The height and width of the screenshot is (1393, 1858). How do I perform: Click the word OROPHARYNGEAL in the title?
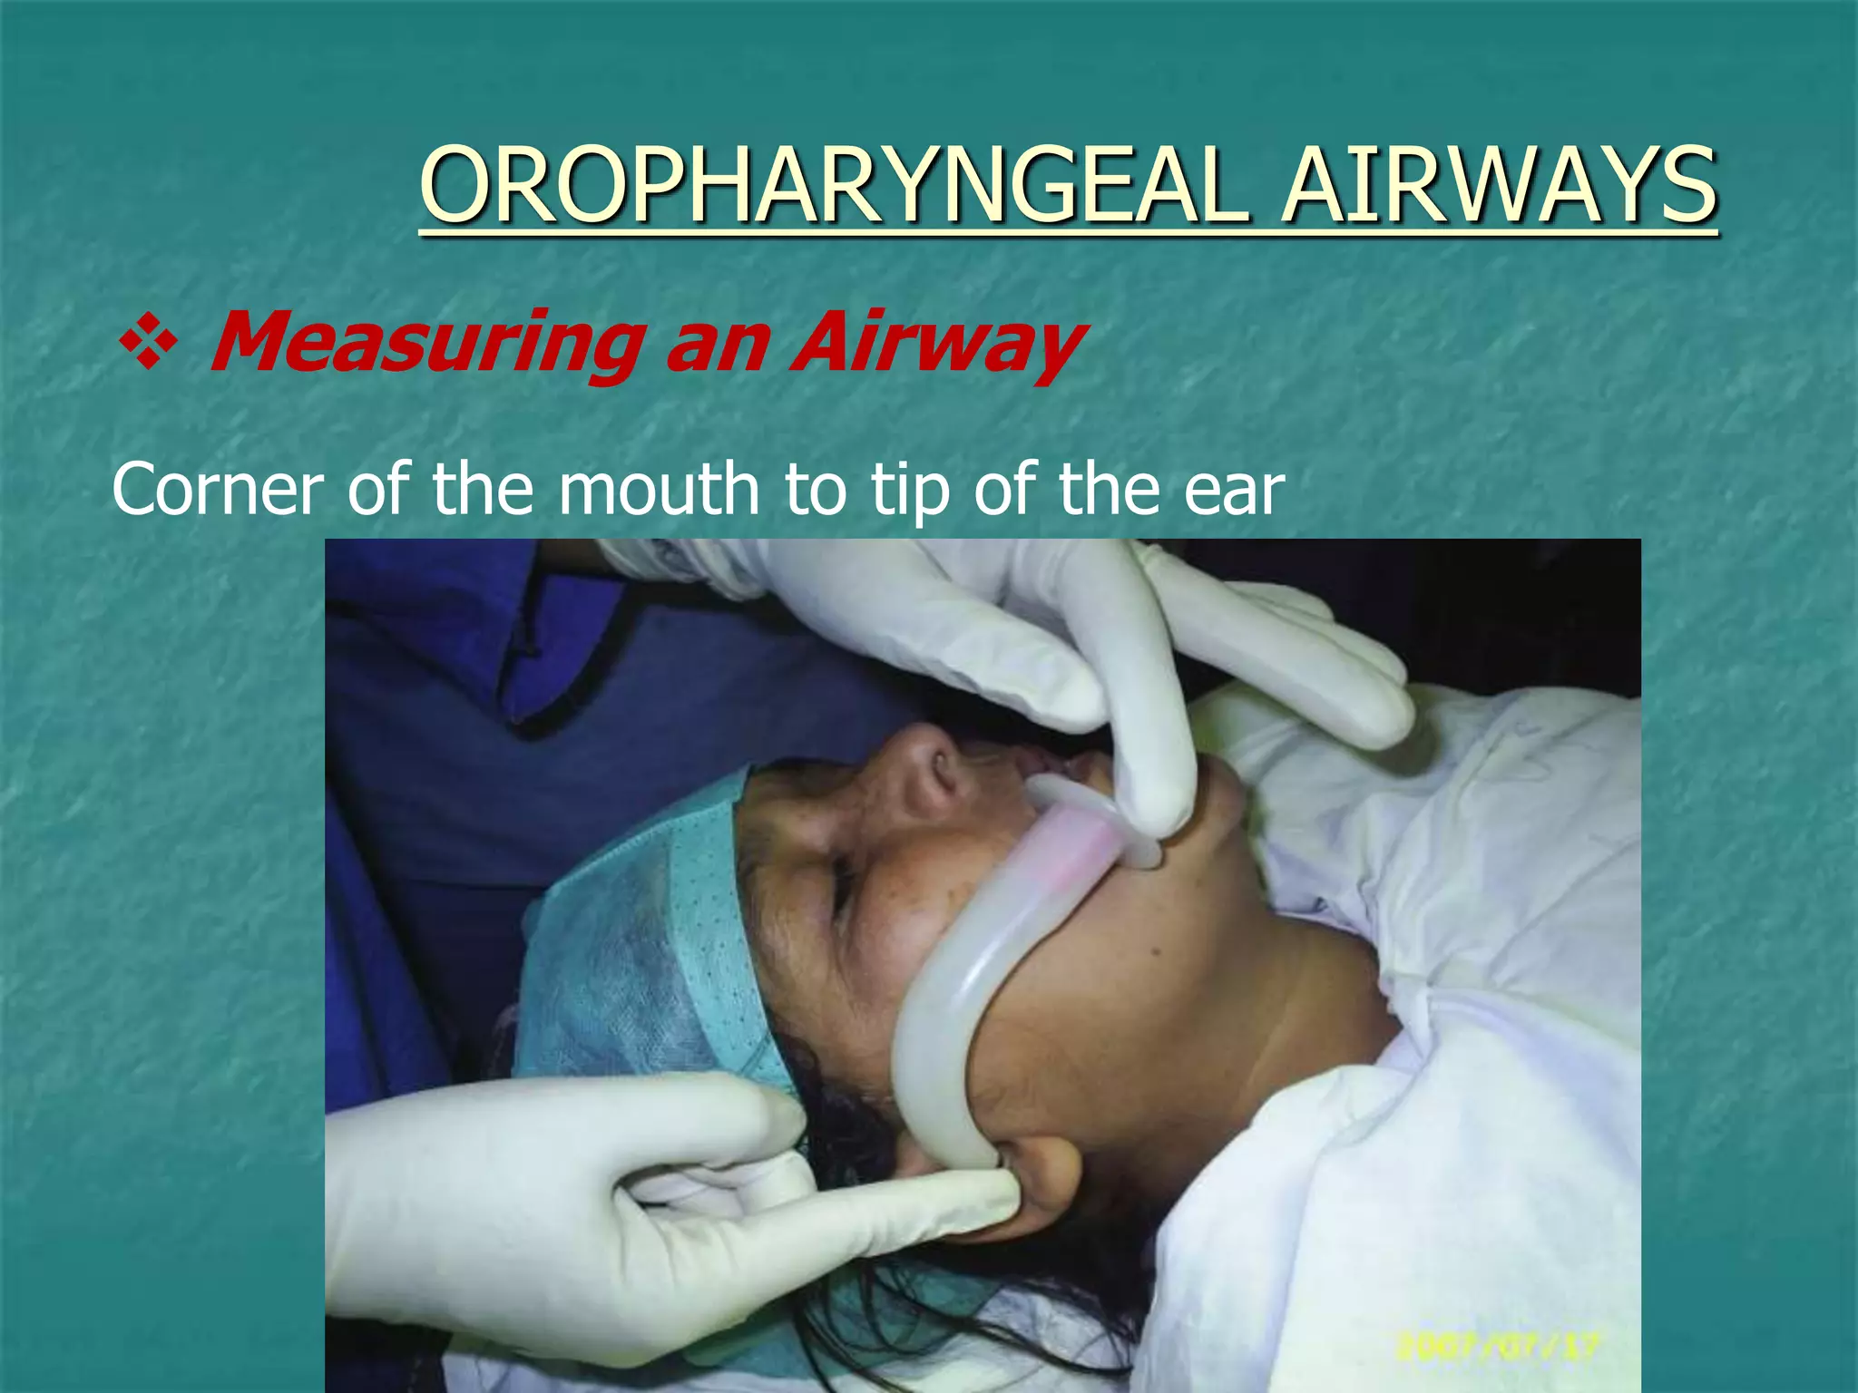(831, 187)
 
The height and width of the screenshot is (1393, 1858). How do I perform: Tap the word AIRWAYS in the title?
(1499, 187)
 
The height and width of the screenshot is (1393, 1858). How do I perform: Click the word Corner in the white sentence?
(217, 490)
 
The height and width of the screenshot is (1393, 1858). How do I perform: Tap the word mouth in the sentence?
(658, 490)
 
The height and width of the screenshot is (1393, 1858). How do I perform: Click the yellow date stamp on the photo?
(1497, 1344)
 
